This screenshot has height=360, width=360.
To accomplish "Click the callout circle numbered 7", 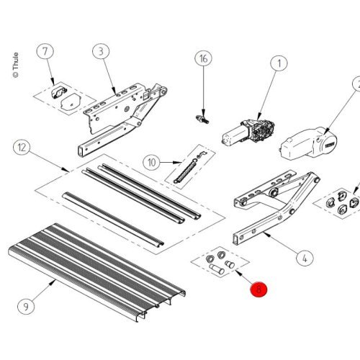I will [x=45, y=52].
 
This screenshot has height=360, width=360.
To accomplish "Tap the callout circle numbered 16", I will [x=204, y=59].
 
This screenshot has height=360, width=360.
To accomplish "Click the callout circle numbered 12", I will [x=23, y=148].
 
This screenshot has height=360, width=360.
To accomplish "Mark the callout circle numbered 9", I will [x=26, y=305].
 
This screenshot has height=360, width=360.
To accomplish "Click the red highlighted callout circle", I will [x=258, y=290].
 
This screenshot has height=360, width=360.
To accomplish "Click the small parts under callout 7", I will [x=64, y=98].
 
